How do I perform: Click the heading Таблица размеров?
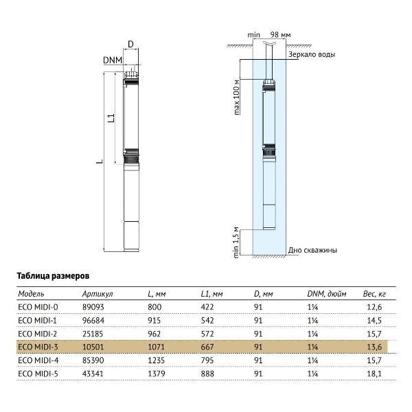(53, 274)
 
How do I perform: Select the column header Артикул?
(95, 293)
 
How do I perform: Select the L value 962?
(155, 332)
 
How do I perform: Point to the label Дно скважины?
(312, 251)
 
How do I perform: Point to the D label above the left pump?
(131, 45)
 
